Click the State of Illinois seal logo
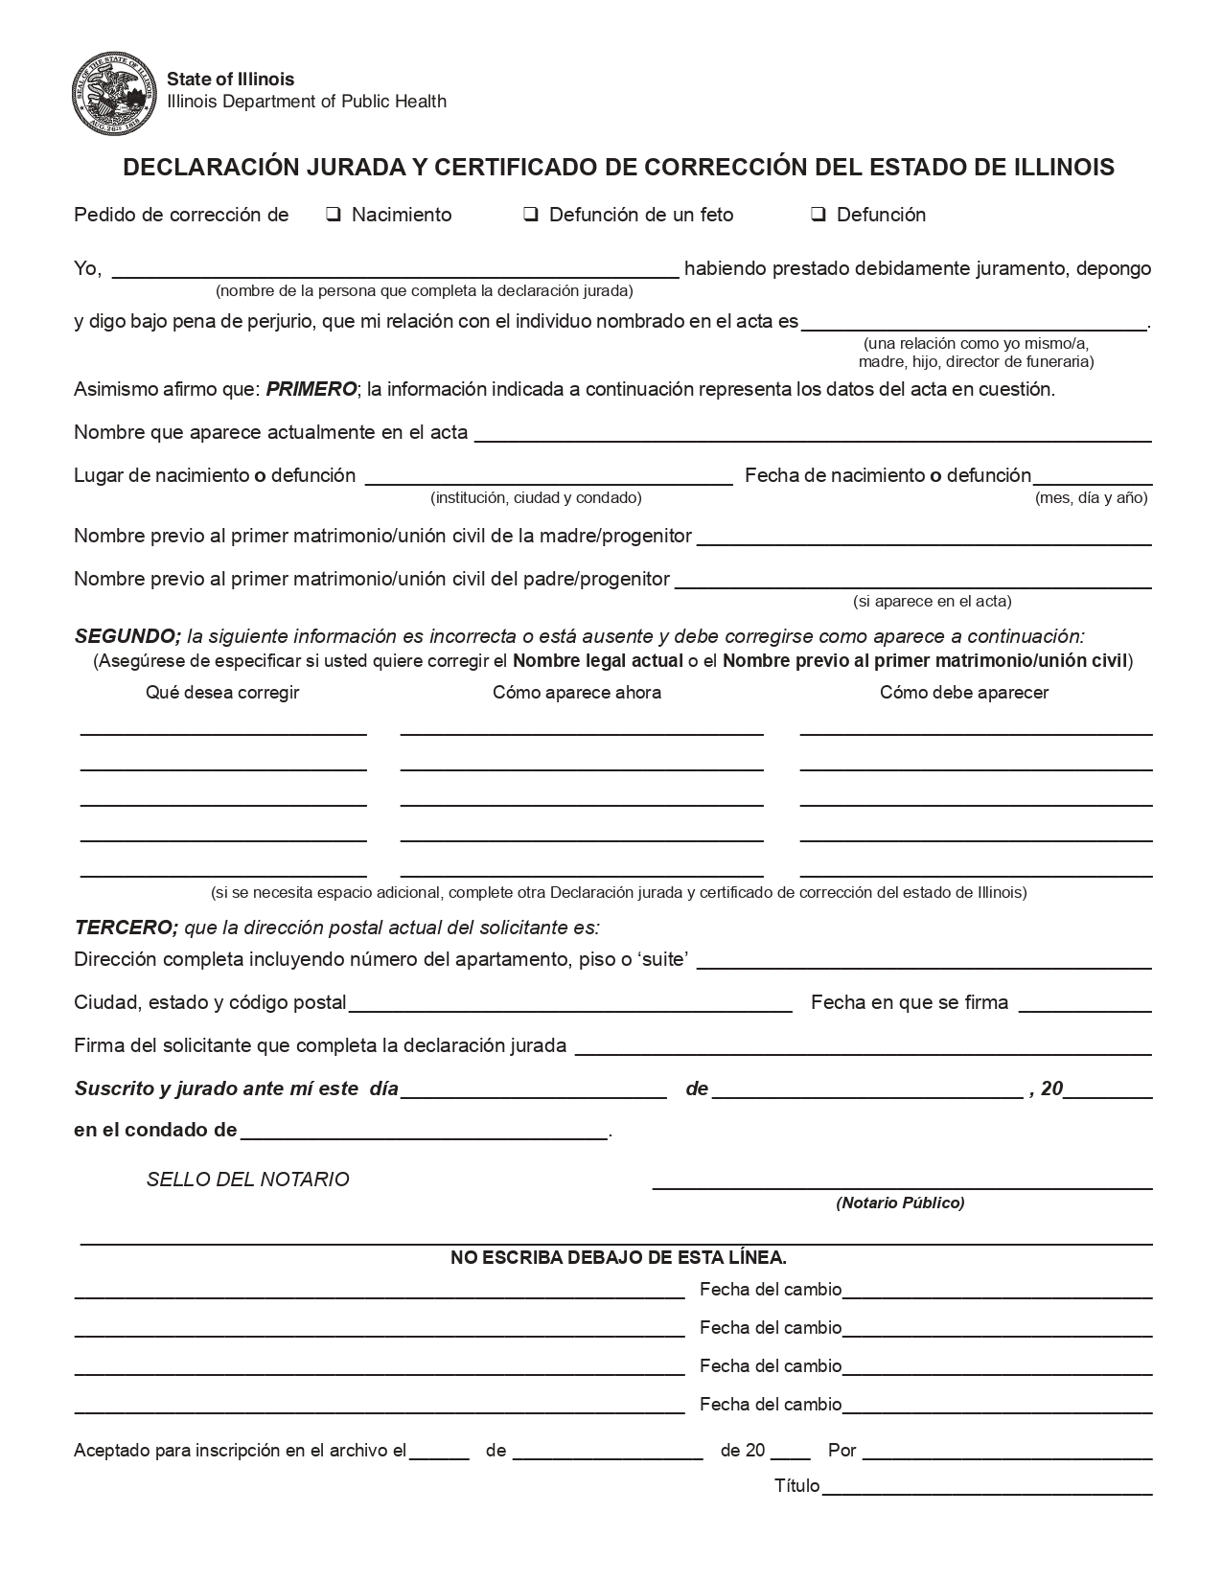tap(113, 95)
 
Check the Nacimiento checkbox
tap(334, 215)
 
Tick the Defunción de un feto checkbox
tap(530, 215)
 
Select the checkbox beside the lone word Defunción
tap(819, 215)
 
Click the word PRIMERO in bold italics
tap(311, 389)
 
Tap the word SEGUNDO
tap(127, 636)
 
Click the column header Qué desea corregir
tap(222, 692)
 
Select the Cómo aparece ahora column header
tap(576, 692)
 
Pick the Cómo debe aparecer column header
tap(964, 692)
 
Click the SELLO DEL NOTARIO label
tap(247, 1180)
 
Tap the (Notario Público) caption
tap(900, 1203)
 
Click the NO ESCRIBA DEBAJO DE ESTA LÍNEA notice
tap(618, 1257)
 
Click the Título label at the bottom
tap(796, 1485)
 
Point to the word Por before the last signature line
tap(842, 1450)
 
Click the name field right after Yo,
tap(395, 268)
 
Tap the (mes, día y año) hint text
tap(1091, 497)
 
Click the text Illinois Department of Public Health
tap(307, 102)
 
